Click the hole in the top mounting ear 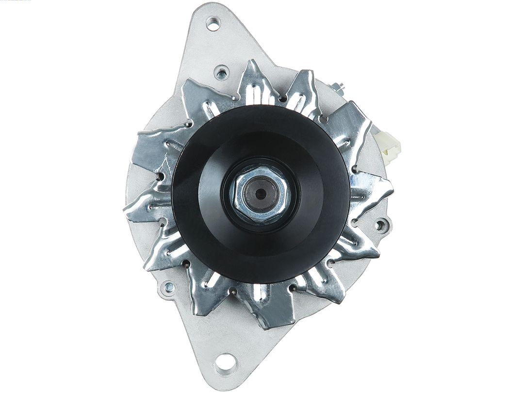[212, 21]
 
